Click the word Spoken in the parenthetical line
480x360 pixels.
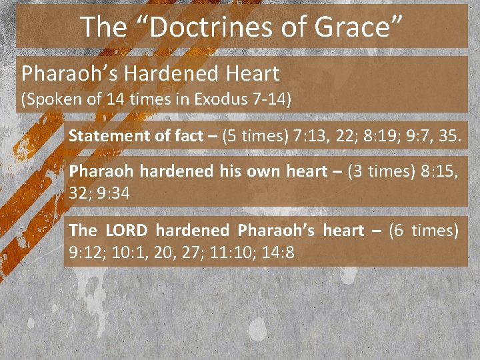pyautogui.click(x=49, y=100)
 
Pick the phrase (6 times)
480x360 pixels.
pyautogui.click(x=425, y=231)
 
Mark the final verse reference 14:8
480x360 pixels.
pyautogui.click(x=282, y=253)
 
